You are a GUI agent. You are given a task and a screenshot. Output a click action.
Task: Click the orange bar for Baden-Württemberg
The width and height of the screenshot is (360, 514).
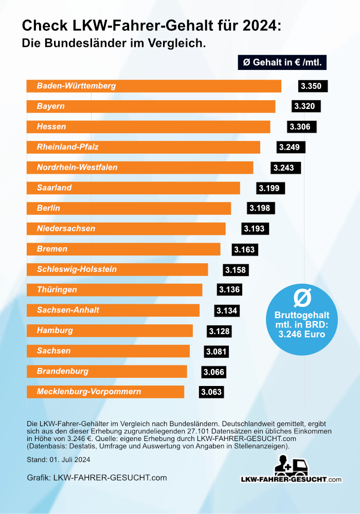154,86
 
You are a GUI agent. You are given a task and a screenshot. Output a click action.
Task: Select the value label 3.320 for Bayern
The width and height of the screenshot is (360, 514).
307,106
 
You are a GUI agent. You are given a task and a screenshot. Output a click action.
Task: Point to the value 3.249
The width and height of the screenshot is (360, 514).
291,147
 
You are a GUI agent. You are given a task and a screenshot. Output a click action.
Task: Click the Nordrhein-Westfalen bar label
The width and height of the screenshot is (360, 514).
77,168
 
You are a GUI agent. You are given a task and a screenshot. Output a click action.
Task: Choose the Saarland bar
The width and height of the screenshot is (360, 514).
133,188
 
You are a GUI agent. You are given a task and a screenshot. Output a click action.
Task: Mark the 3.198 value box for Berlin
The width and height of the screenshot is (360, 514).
261,208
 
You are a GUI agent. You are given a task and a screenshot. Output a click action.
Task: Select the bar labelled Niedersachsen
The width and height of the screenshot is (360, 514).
126,229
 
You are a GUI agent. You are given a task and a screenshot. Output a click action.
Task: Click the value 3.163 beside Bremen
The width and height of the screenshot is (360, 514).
244,249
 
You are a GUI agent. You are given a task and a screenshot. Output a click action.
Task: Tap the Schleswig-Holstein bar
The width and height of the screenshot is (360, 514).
117,269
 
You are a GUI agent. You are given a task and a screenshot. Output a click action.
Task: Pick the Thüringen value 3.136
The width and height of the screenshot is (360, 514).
229,290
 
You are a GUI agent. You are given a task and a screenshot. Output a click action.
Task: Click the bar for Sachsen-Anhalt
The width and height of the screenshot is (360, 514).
113,310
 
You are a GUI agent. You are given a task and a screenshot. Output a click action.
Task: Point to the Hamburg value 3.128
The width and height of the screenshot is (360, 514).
220,331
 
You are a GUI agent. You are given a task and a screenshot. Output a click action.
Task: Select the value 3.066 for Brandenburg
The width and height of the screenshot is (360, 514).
214,372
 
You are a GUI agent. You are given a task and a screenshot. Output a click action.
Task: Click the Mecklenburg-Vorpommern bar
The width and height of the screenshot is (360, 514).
105,392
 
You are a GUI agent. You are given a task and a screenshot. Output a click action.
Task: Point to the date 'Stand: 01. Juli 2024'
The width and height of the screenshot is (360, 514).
59,460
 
